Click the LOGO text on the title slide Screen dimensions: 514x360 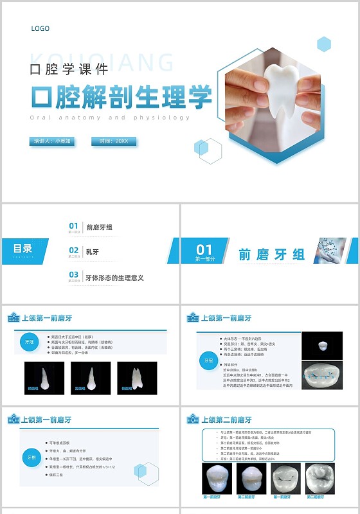click(40, 28)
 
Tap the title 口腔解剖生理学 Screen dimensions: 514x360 click(122, 97)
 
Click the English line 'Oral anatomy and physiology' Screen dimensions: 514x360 click(110, 118)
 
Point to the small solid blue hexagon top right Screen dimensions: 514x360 click(324, 44)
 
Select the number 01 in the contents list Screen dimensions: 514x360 click(74, 226)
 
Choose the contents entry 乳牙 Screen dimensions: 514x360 click(92, 251)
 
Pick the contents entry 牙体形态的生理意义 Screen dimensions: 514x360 click(114, 278)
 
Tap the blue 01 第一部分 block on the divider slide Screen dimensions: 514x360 click(204, 251)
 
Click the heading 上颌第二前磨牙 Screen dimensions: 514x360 click(227, 420)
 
